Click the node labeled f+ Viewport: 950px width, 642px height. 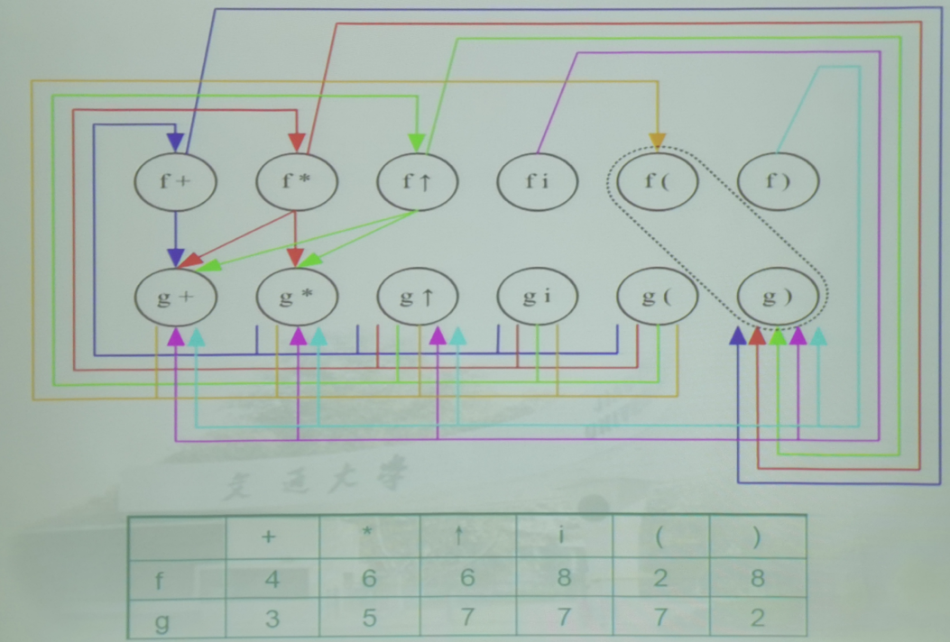click(x=175, y=180)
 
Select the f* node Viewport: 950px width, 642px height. click(x=297, y=180)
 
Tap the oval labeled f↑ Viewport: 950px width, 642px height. click(x=417, y=180)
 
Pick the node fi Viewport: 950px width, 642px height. click(x=537, y=180)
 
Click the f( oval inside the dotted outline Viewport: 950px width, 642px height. click(x=658, y=180)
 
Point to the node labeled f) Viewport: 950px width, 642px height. click(x=778, y=180)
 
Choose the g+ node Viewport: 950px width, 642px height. click(x=175, y=297)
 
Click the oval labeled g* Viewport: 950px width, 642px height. click(x=297, y=297)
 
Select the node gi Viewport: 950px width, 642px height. click(x=537, y=297)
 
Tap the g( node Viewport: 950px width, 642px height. click(x=658, y=297)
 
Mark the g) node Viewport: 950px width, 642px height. click(x=778, y=297)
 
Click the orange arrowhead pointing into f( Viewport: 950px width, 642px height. click(x=658, y=141)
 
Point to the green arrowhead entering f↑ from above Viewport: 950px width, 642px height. click(x=417, y=142)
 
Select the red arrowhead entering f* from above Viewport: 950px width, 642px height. click(x=296, y=142)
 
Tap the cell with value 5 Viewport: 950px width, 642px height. click(x=368, y=618)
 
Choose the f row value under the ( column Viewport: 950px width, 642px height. click(x=660, y=578)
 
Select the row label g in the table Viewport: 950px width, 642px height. click(x=162, y=618)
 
